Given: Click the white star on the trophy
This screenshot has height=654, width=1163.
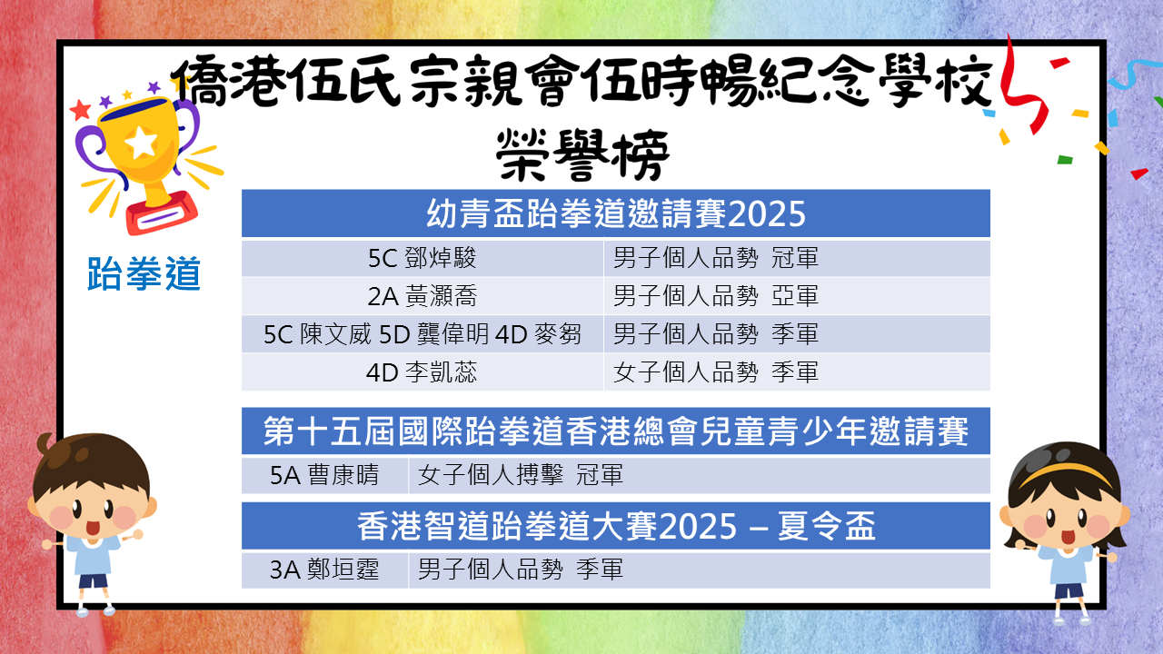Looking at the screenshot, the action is click(141, 142).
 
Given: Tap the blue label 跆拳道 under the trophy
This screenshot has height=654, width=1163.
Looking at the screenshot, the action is click(144, 273).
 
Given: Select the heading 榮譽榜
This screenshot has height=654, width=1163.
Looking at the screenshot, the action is click(583, 154).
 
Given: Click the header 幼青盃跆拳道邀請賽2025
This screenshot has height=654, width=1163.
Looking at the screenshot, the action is click(616, 213).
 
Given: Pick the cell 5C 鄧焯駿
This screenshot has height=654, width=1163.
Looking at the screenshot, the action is click(422, 258).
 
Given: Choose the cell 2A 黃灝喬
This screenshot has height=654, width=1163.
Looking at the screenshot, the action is click(422, 296).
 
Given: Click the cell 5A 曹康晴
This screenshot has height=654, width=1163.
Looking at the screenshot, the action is click(324, 475).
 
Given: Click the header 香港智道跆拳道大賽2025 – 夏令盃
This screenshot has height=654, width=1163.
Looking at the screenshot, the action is click(616, 526).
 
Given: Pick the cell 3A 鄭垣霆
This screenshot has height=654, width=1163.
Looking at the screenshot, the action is click(324, 570).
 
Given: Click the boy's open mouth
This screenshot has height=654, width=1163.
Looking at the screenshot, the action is click(93, 528).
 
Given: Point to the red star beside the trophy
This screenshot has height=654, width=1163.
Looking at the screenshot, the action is click(80, 110).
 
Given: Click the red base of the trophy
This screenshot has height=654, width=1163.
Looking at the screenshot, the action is click(162, 213).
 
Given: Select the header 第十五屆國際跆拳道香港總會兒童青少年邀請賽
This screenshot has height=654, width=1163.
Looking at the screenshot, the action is click(616, 431).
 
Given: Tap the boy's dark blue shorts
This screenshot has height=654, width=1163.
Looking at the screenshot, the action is click(94, 580).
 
